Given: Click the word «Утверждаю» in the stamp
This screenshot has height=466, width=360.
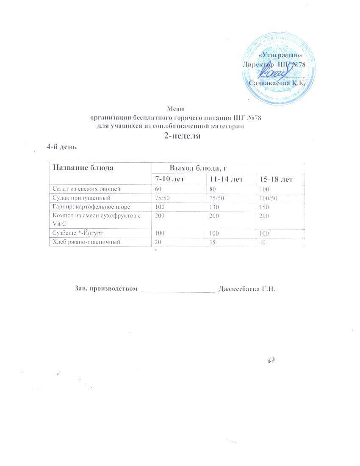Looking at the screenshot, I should (x=281, y=55).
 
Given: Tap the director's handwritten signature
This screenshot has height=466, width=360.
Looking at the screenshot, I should (x=273, y=75).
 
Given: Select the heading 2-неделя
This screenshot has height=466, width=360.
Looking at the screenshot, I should (x=182, y=136).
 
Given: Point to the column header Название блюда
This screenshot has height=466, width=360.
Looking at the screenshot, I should (x=83, y=167).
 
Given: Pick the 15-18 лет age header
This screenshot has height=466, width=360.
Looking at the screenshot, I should (x=276, y=180).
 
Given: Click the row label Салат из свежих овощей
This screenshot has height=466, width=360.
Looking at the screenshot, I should (x=86, y=188).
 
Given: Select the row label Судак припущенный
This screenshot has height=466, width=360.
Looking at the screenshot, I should (x=81, y=197).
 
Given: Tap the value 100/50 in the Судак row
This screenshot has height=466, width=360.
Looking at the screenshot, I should (x=268, y=198).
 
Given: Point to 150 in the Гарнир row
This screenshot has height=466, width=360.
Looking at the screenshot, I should (x=265, y=207).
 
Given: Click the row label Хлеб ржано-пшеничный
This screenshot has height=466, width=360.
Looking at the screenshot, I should (x=85, y=242).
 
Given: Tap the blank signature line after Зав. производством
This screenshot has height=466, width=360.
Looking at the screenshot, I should (x=178, y=290).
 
